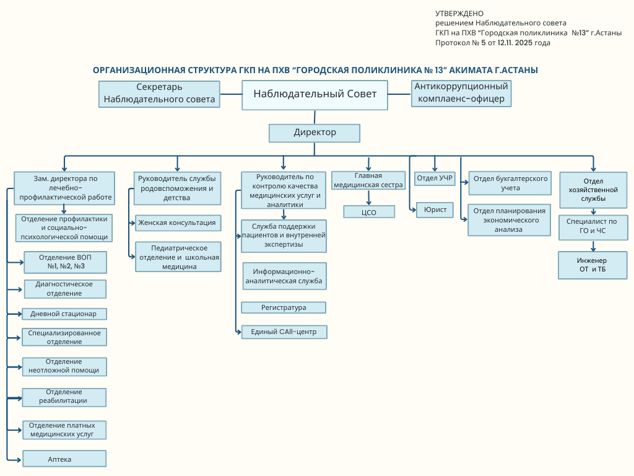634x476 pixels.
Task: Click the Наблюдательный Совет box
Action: coord(315,95)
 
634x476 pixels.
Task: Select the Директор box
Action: coord(315,133)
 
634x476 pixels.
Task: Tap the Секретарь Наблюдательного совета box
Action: coord(160,94)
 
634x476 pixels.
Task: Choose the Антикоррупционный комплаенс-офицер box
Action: coord(461,94)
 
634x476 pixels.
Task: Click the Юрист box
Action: coord(435,210)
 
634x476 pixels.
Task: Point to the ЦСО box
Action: coord(369,212)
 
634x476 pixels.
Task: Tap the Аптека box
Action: coord(64,459)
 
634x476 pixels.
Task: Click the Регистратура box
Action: coord(284,307)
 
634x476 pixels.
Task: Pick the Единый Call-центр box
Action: coord(284,332)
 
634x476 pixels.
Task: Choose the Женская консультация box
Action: coord(178,223)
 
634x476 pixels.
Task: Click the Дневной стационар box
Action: coord(64,314)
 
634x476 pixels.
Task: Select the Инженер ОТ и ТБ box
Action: coord(593,265)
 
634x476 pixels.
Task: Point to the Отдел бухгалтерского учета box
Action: coord(510,183)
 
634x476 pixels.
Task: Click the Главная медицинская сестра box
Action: coord(369,180)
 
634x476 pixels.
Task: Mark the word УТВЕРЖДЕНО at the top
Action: coord(460,13)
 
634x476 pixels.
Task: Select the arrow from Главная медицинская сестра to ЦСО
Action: coord(369,198)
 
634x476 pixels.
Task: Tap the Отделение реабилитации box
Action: coord(64,397)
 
